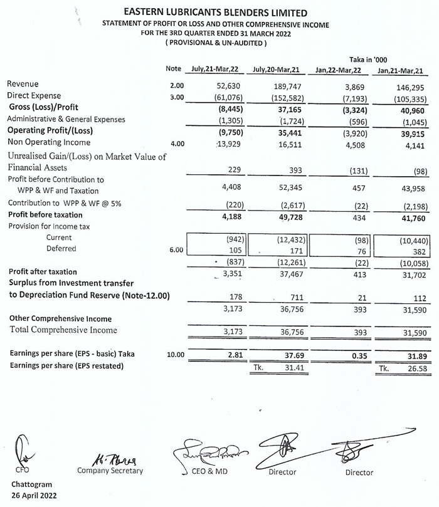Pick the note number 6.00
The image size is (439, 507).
click(x=177, y=249)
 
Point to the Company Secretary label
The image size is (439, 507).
click(x=110, y=470)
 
